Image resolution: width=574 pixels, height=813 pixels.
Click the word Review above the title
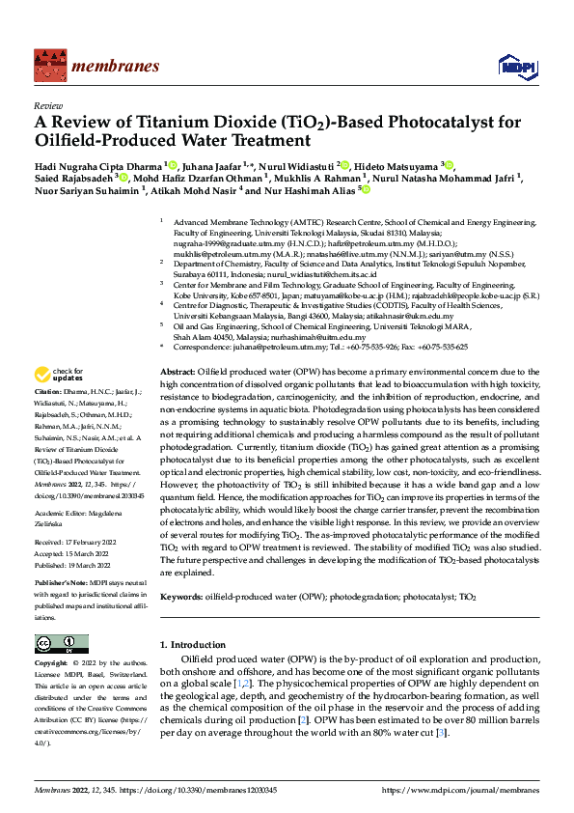[x=48, y=105]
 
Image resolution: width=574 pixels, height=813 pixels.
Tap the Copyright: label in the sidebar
[x=51, y=664]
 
